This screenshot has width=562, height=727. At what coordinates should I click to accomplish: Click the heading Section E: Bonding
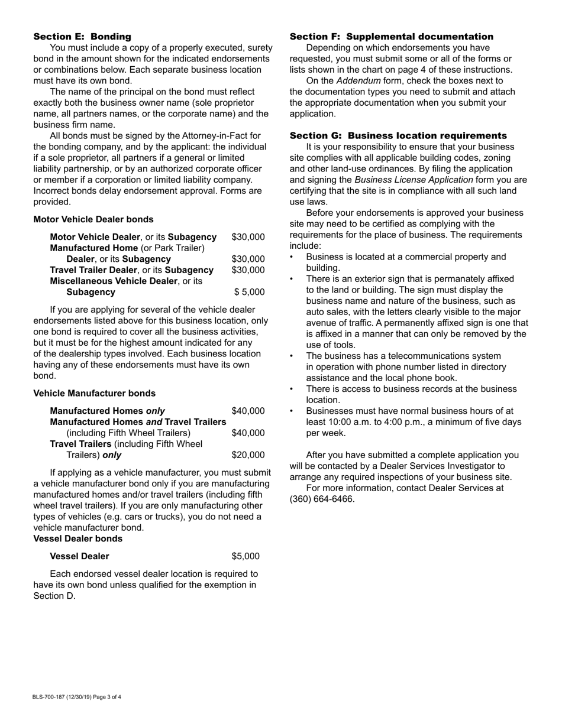82,37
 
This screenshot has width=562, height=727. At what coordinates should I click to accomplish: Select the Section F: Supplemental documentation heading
391,37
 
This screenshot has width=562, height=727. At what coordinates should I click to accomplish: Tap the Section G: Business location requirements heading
398,135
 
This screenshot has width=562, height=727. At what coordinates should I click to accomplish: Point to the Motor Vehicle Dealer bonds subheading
93,219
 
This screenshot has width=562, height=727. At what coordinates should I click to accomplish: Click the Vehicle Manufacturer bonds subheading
95,393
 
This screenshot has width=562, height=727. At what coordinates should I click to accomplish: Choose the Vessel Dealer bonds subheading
78,538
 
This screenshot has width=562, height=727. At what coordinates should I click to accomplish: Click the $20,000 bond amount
248,455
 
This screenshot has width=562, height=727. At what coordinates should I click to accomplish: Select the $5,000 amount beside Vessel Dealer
245,556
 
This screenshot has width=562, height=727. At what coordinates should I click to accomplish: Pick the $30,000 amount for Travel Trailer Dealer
248,270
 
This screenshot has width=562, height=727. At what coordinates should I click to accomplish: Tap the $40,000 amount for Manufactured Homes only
248,411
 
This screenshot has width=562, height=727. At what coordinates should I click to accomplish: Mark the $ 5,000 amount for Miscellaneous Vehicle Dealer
249,292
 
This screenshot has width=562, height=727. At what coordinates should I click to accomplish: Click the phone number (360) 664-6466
322,499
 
